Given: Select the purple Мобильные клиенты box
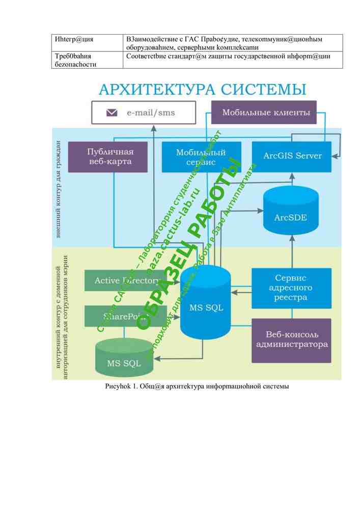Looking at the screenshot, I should pos(263,112).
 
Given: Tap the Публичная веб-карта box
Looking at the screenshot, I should pos(107,157).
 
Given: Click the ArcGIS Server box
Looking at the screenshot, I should pos(292,156).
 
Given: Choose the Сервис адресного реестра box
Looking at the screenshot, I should pos(291,288).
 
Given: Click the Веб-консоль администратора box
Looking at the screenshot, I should pos(291,340).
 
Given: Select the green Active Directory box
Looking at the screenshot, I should pos(125,280).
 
